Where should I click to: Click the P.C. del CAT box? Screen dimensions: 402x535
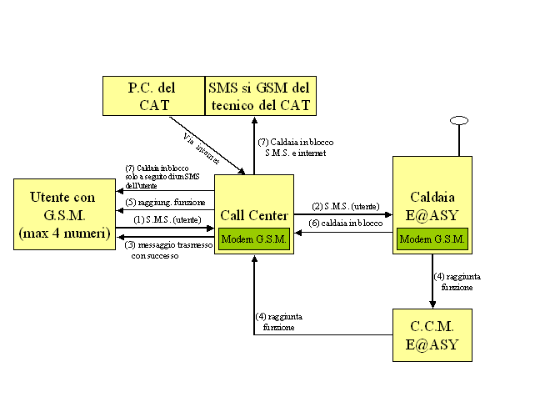click(153, 96)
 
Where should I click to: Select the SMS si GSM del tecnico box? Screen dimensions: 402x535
click(261, 96)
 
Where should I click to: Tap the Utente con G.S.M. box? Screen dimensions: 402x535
click(62, 214)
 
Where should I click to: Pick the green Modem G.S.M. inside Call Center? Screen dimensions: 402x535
click(254, 239)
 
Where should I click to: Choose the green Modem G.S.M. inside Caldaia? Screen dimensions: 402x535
click(432, 239)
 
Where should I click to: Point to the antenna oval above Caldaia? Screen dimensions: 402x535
click(457, 122)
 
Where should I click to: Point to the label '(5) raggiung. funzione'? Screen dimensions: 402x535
click(166, 202)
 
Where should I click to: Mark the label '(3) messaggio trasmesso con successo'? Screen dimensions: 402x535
click(167, 249)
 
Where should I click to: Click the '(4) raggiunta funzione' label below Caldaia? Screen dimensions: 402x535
click(457, 281)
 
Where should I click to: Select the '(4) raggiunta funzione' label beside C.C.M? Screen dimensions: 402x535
click(279, 322)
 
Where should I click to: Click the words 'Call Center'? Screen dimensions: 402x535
click(254, 216)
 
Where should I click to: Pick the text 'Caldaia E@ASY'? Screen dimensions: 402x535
click(432, 207)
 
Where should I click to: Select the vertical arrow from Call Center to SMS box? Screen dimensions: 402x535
click(253, 145)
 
